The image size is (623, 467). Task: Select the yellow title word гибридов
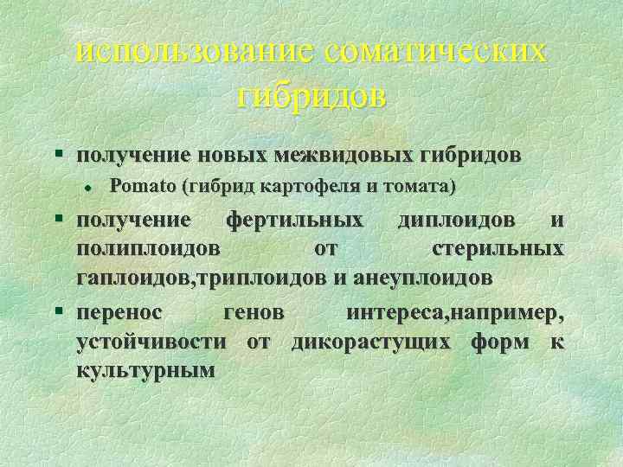point(311,95)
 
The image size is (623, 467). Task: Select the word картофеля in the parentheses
point(281,186)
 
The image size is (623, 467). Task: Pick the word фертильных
point(294,220)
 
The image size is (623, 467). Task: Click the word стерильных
point(498,249)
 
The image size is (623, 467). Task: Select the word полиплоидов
point(148,249)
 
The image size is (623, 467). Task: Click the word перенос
point(125,311)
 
